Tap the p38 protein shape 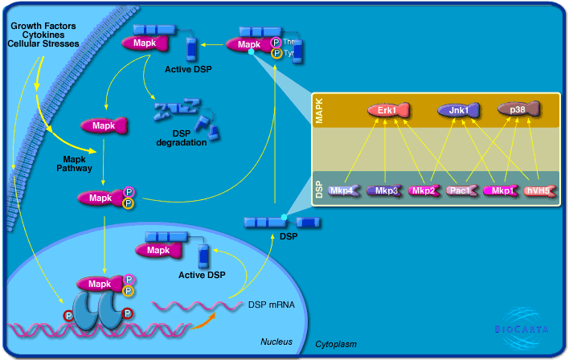coord(517,109)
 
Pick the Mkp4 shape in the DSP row coord(345,191)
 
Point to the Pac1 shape coord(461,191)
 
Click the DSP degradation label coord(182,138)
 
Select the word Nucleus coord(276,342)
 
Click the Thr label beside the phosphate coord(289,42)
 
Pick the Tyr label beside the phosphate coord(289,53)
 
